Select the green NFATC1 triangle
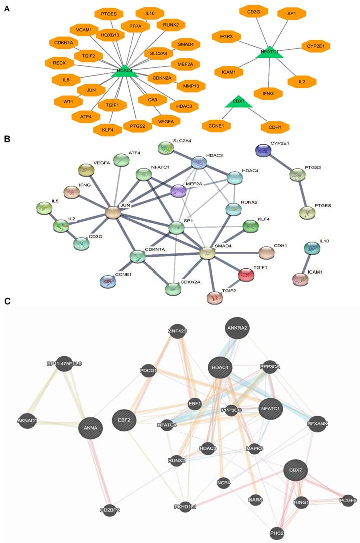coord(270,52)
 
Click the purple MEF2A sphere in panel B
coord(178,190)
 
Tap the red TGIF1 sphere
coord(246,274)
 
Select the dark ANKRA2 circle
coord(238,328)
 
